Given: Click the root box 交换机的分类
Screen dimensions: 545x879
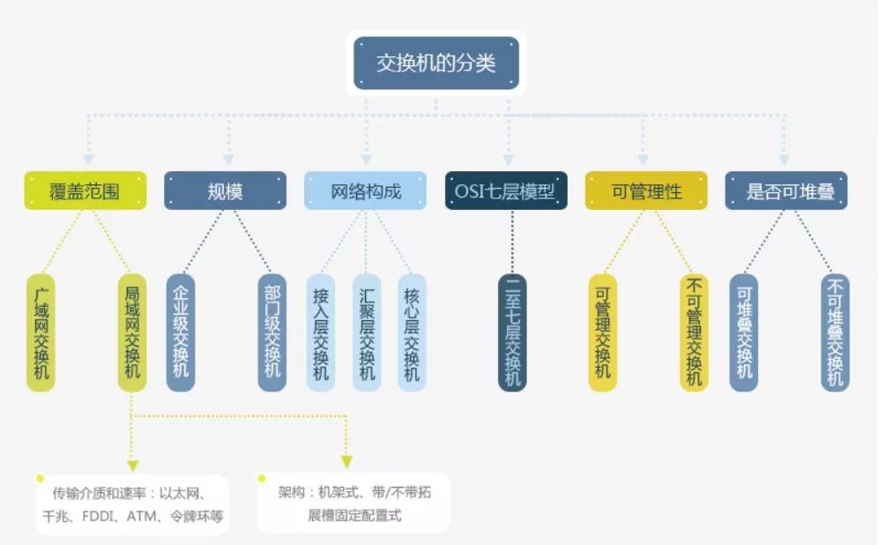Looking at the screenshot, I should [x=436, y=63].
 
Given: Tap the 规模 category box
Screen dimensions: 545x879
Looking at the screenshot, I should [x=226, y=190].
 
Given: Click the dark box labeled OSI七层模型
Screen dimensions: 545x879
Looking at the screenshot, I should [x=506, y=190].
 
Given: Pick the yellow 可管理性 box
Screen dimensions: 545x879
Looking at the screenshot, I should [x=646, y=190].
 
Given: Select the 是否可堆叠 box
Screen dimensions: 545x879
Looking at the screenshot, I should [x=786, y=190].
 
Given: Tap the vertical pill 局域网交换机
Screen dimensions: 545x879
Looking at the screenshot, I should [x=131, y=333].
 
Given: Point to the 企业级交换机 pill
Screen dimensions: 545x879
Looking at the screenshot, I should [x=181, y=333].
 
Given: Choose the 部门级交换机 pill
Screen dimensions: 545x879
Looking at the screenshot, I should [x=272, y=333].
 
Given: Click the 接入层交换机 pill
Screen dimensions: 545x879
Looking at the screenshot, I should [x=321, y=333].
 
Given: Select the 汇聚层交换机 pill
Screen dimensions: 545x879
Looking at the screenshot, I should [x=367, y=333].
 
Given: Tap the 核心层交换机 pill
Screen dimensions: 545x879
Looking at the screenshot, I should [x=412, y=333].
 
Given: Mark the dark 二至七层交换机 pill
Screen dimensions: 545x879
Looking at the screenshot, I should [x=512, y=333].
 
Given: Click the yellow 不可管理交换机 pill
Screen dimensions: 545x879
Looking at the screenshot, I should [x=694, y=333].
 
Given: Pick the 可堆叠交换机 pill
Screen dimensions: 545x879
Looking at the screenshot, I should [x=743, y=333].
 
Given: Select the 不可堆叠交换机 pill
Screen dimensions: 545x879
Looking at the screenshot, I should [x=835, y=333].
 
